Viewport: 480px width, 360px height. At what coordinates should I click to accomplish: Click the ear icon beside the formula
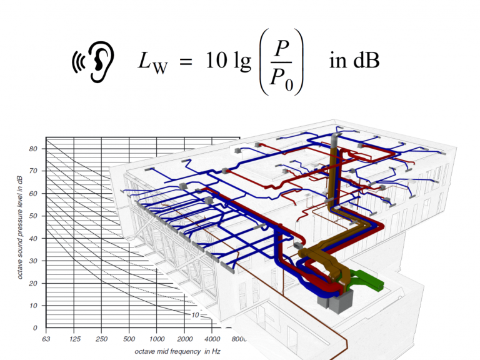(93, 61)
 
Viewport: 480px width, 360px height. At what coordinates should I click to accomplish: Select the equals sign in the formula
(186, 61)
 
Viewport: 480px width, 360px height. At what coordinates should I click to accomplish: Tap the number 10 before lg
(216, 60)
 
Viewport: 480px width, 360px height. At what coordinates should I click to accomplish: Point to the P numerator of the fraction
(281, 48)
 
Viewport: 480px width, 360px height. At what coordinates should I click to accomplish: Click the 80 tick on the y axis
(33, 149)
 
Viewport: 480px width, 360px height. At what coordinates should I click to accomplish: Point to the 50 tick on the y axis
(33, 216)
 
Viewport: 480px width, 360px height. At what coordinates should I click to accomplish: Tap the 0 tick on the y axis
(35, 328)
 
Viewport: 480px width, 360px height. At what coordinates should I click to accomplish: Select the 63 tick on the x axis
(46, 339)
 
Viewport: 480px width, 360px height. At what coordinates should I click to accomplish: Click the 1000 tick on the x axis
(157, 339)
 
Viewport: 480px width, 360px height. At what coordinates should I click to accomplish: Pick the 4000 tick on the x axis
(212, 339)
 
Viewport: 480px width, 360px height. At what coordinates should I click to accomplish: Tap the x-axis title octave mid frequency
(177, 351)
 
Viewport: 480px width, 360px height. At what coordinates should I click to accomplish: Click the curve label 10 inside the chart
(195, 315)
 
